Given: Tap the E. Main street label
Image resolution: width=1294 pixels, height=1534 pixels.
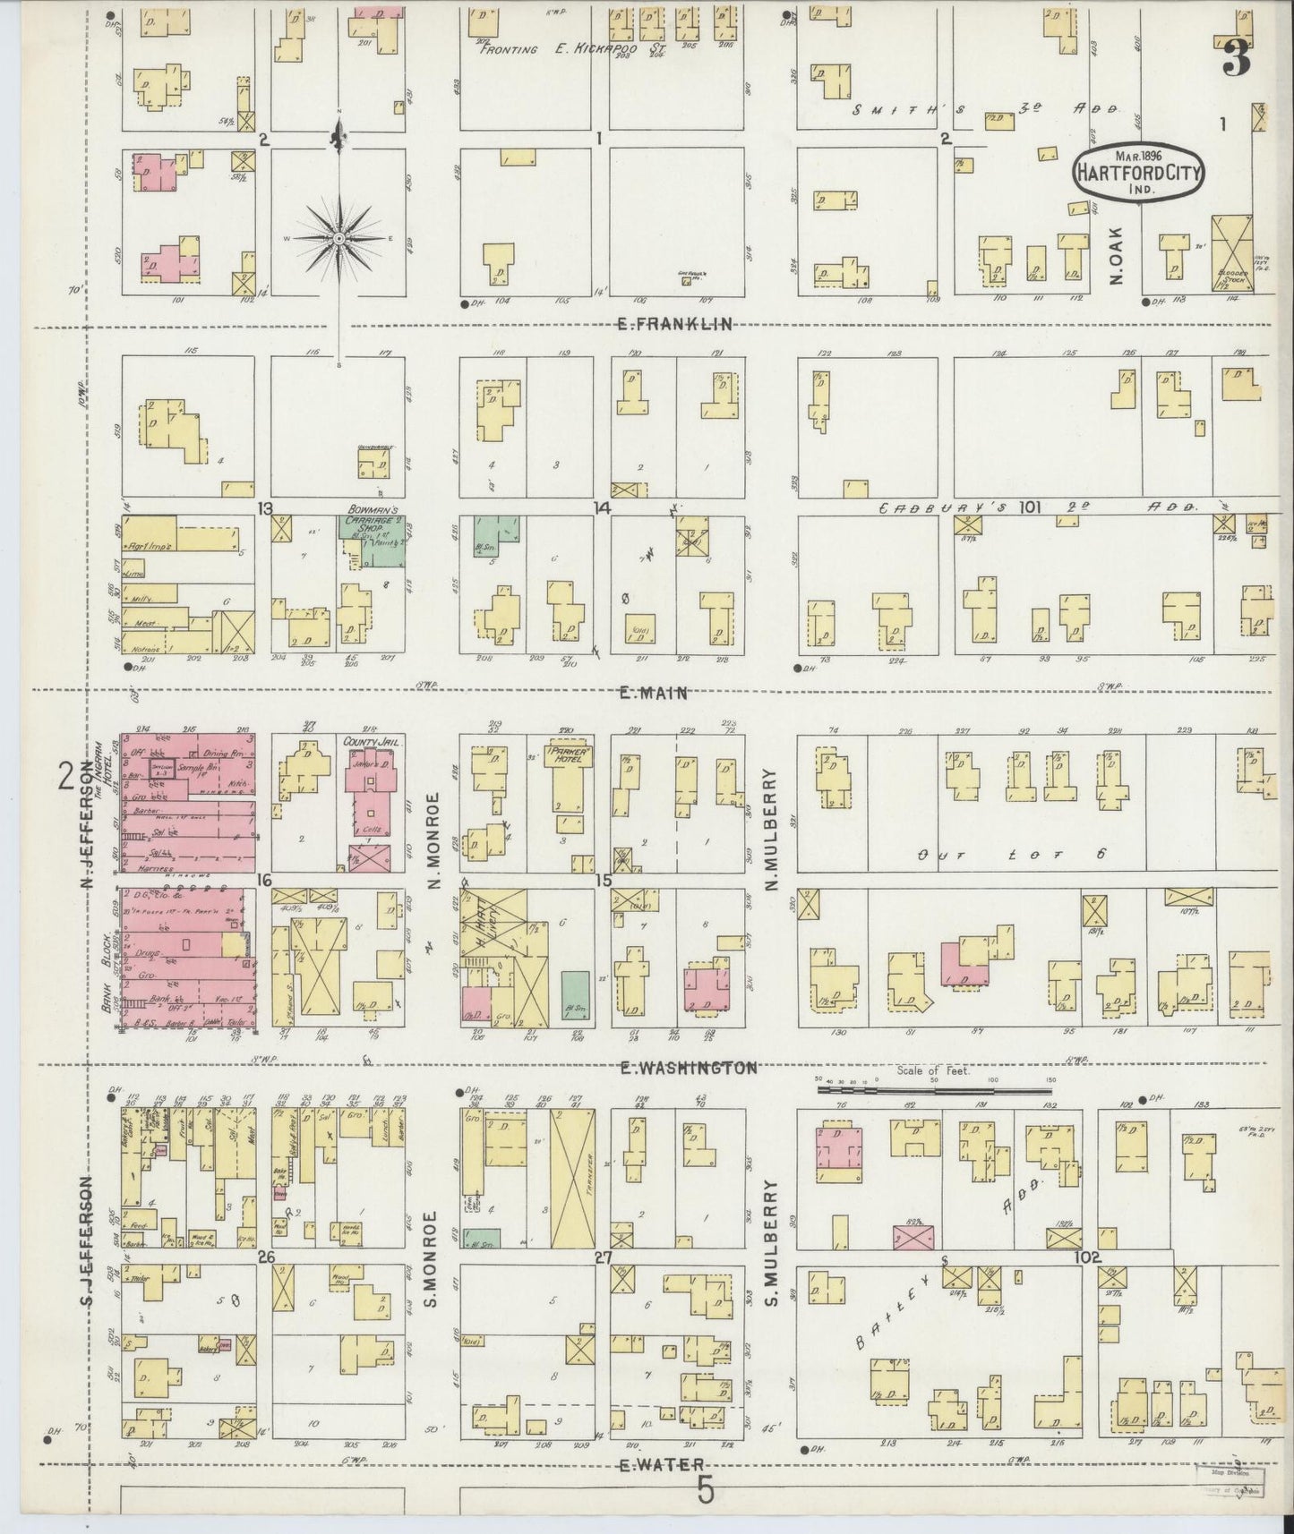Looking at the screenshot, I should pos(652,692).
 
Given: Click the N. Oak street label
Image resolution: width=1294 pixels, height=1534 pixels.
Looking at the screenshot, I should pos(1116,267).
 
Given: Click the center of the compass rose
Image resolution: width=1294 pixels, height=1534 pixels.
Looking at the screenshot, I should pos(339,239).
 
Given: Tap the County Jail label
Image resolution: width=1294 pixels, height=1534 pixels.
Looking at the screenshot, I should pos(369,742).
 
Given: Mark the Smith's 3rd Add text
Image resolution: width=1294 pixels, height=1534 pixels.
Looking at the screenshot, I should pos(985,109).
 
